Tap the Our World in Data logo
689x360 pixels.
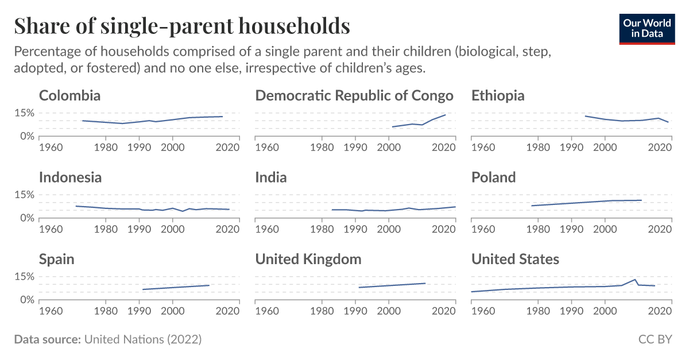coord(647,28)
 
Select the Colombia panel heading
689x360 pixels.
coord(69,95)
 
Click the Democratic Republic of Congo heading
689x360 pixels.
coord(354,95)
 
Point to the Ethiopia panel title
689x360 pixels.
coord(498,95)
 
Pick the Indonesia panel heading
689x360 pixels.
coord(70,177)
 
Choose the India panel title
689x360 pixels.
coord(270,177)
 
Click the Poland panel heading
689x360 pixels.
coord(493,177)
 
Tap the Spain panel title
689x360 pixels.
coord(56,260)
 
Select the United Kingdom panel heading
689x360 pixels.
coord(308,260)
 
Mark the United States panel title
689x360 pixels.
coord(515,260)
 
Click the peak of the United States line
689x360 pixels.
coord(635,280)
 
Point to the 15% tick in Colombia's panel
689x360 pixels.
coord(24,113)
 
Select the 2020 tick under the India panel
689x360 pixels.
coord(443,230)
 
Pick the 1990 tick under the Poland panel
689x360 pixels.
coord(571,230)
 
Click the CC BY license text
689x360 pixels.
coord(655,339)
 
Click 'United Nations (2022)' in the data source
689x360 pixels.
coord(143,339)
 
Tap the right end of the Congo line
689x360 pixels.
coord(446,115)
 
